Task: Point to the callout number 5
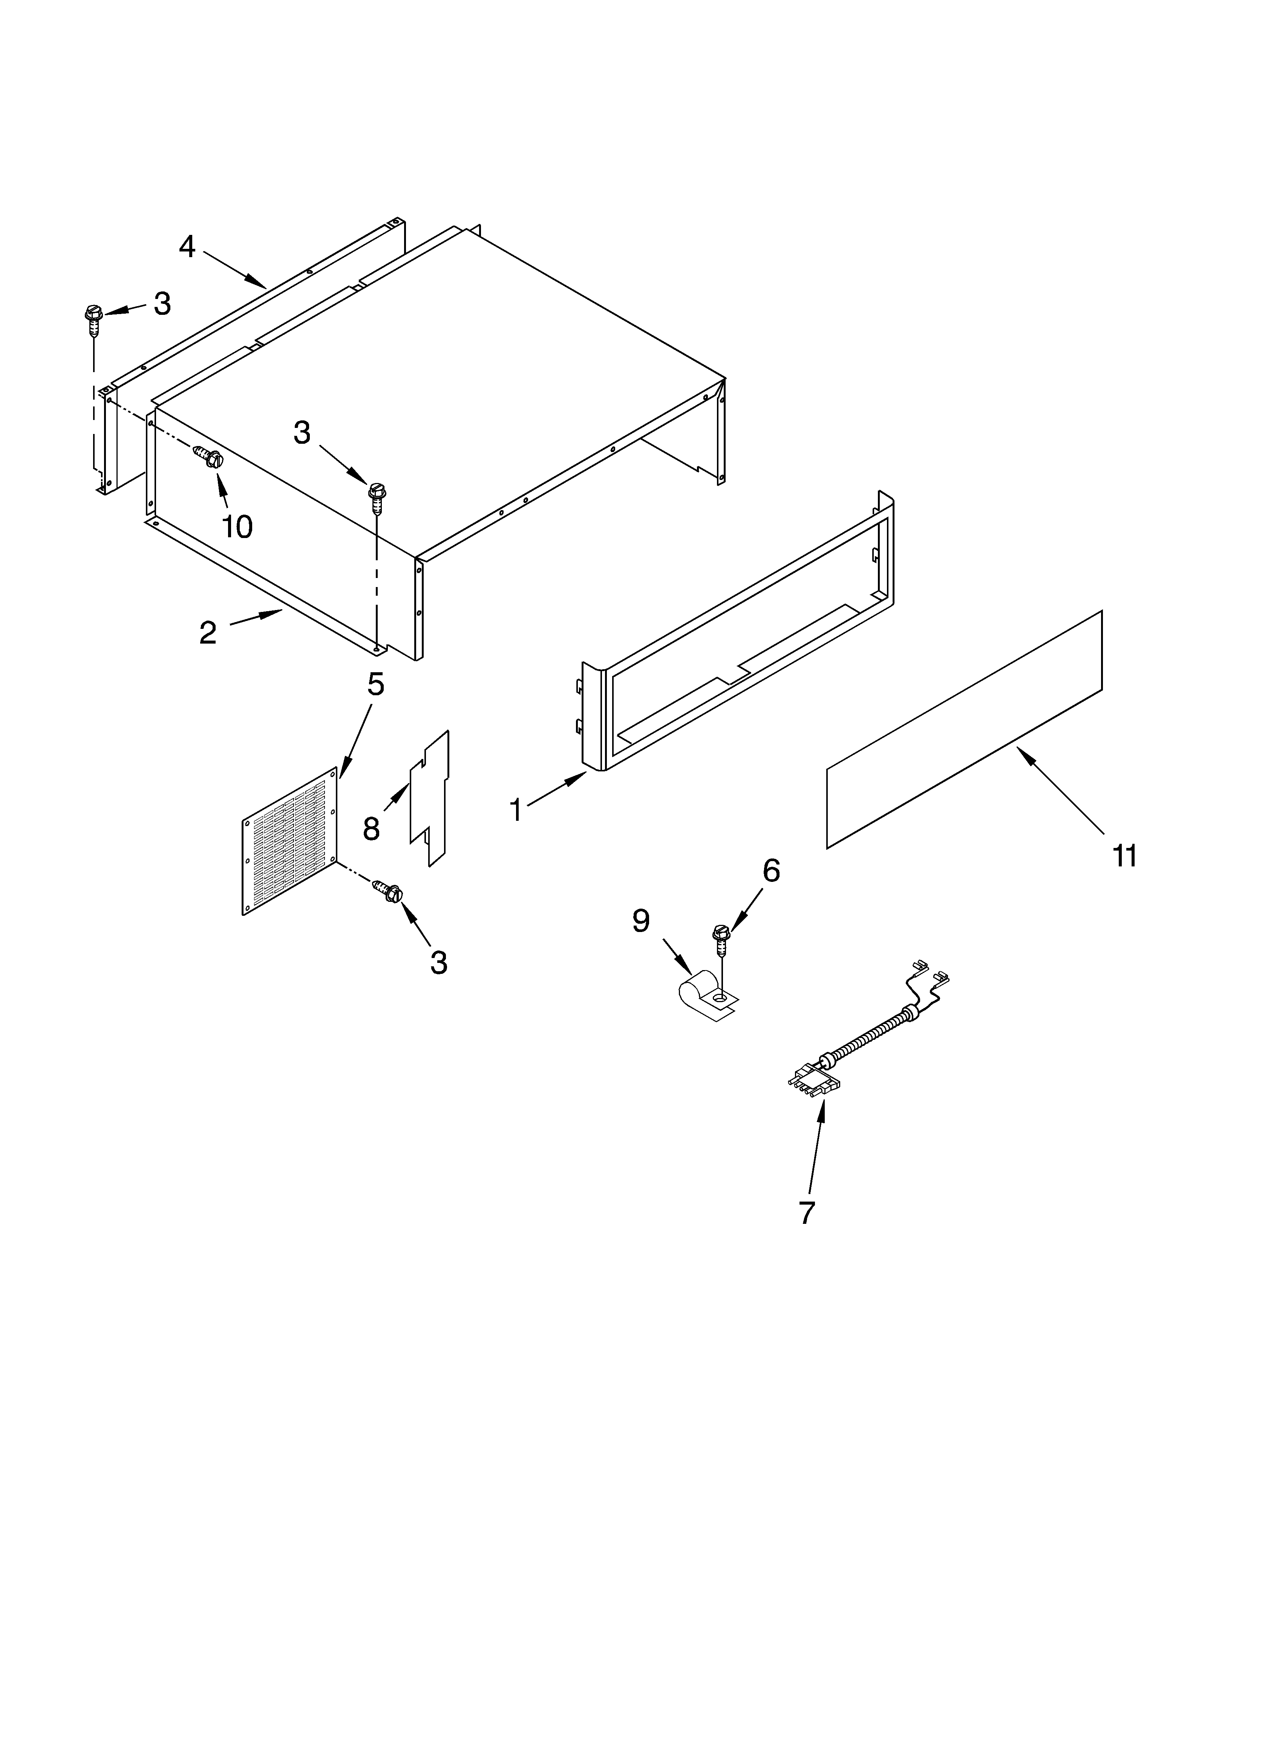click(x=375, y=684)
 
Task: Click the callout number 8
click(x=371, y=828)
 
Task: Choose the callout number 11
click(x=1124, y=855)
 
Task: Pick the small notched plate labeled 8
click(x=430, y=799)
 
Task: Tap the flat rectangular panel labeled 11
click(x=965, y=730)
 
